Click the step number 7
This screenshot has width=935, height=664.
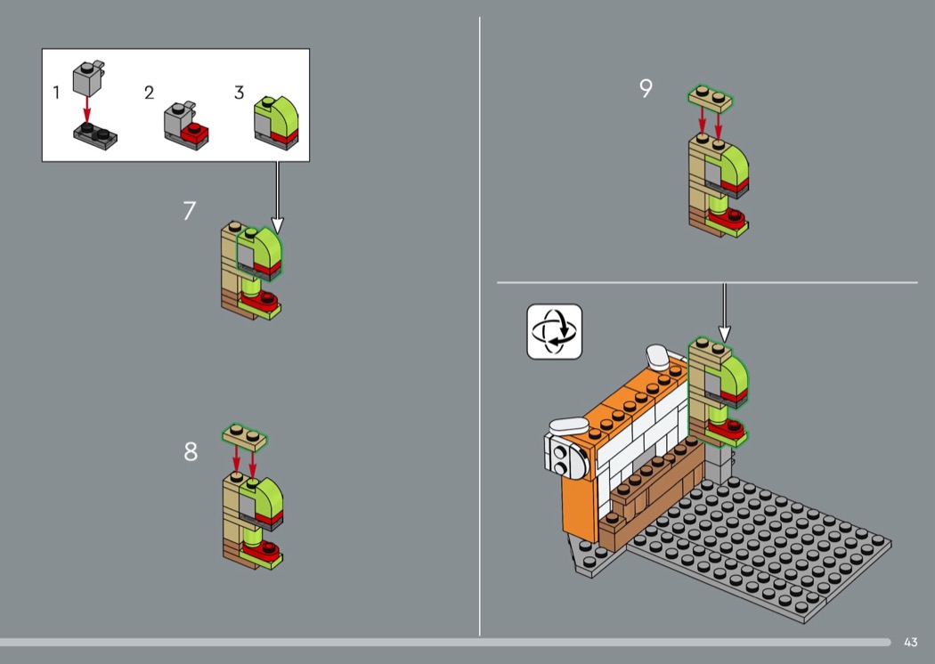189,210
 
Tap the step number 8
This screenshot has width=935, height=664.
191,452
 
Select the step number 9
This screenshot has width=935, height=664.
646,88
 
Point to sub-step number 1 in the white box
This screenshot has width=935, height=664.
56,93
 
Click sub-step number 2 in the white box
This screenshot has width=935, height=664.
149,93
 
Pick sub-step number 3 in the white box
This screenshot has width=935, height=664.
240,93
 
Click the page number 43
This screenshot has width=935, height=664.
911,642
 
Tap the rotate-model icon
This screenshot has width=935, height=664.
555,331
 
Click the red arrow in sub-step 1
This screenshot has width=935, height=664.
87,109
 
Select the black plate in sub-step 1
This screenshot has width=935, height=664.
95,136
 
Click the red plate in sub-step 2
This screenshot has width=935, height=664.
195,134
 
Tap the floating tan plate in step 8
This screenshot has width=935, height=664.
245,438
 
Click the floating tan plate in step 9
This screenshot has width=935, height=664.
711,98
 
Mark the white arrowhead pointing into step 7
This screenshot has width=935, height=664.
277,226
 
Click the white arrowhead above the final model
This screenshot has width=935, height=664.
725,335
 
